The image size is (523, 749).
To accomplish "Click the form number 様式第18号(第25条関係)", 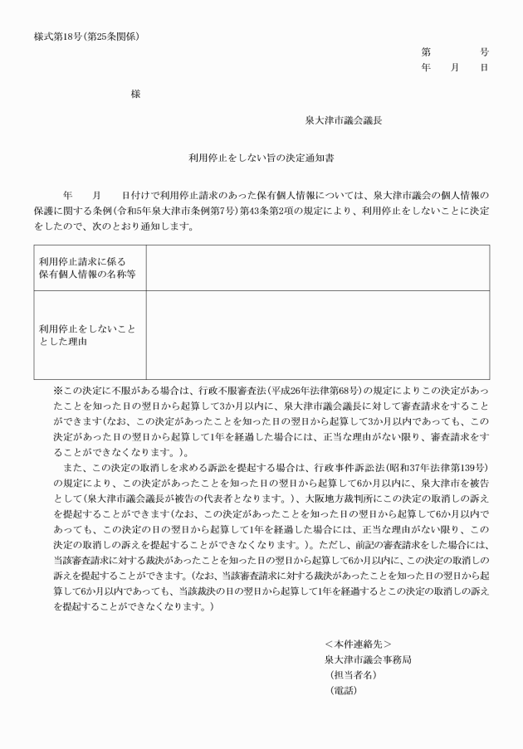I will click(x=86, y=36).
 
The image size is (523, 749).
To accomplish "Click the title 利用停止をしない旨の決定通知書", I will click(x=261, y=155).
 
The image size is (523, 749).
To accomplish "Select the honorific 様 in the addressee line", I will click(x=135, y=95).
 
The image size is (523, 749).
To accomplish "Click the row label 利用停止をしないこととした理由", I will click(x=86, y=334).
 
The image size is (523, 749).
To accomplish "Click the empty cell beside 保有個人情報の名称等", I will click(x=317, y=267).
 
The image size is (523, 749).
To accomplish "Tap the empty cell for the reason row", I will click(x=317, y=334).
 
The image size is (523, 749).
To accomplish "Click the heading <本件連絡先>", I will click(x=358, y=644).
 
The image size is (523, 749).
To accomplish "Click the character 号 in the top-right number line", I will click(x=484, y=51).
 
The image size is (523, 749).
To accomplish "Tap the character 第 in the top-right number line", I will click(x=426, y=51).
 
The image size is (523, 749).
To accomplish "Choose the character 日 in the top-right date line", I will click(x=484, y=67).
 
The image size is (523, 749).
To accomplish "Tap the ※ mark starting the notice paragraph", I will click(x=58, y=391).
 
